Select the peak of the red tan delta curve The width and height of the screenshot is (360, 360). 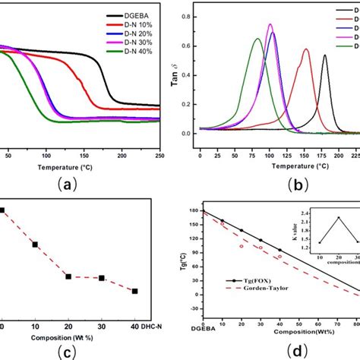pyautogui.click(x=306, y=49)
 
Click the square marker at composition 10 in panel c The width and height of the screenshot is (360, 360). pyautogui.click(x=35, y=244)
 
